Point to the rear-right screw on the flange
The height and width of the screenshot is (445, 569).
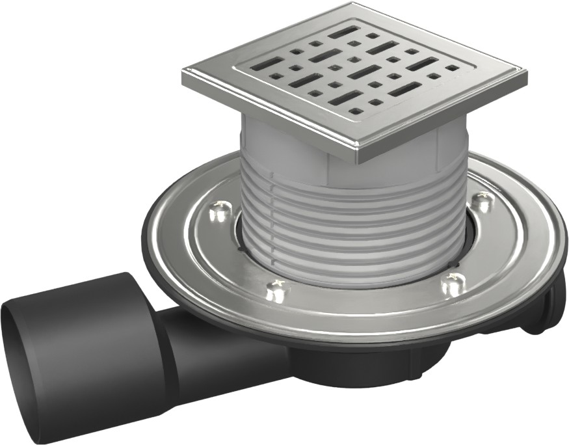coord(481,202)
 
